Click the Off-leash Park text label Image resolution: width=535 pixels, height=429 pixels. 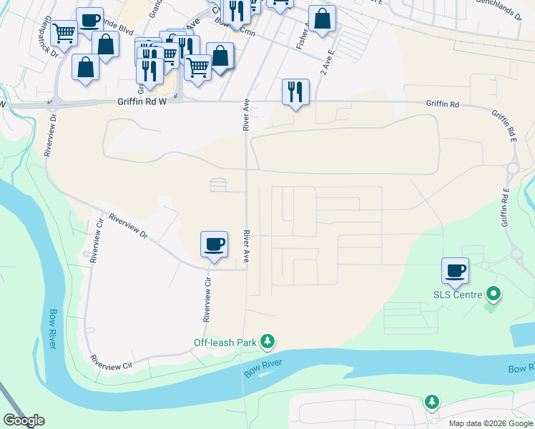225,342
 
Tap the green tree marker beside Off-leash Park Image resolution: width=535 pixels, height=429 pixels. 267,342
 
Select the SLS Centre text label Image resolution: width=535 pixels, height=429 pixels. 458,294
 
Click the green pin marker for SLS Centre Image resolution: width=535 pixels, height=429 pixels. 493,293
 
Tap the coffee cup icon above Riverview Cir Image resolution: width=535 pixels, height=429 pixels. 214,245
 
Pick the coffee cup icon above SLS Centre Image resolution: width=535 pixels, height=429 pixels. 455,271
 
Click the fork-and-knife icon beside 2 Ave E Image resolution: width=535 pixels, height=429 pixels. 295,92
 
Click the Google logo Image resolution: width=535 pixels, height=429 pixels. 24,420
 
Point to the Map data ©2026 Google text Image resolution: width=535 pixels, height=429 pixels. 491,423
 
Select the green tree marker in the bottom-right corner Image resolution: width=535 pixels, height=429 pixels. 431,402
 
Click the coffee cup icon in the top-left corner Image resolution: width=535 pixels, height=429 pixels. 89,20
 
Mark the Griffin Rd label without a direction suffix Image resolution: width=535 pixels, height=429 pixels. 442,104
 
